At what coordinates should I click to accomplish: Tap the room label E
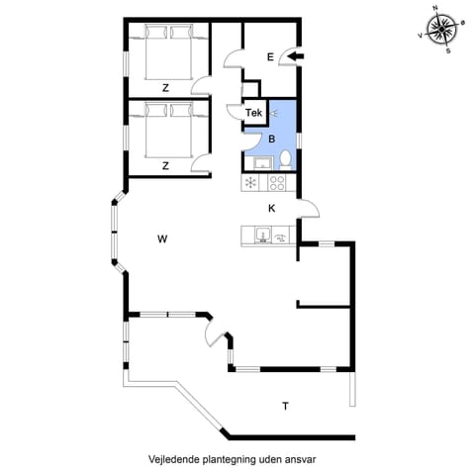pyautogui.click(x=269, y=57)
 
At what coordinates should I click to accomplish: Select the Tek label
pyautogui.click(x=253, y=114)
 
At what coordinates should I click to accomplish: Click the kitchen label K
pyautogui.click(x=271, y=208)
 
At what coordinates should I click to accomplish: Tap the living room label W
pyautogui.click(x=164, y=238)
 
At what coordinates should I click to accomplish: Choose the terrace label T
pyautogui.click(x=285, y=406)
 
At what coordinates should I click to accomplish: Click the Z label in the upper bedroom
pyautogui.click(x=165, y=88)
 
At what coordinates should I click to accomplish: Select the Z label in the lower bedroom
pyautogui.click(x=165, y=165)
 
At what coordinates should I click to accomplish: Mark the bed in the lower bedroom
pyautogui.click(x=164, y=129)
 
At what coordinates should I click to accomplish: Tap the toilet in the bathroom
pyautogui.click(x=284, y=158)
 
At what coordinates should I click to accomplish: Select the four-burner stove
pyautogui.click(x=275, y=183)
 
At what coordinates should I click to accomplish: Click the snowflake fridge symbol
pyautogui.click(x=250, y=183)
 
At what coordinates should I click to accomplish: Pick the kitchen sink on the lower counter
pyautogui.click(x=262, y=235)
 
